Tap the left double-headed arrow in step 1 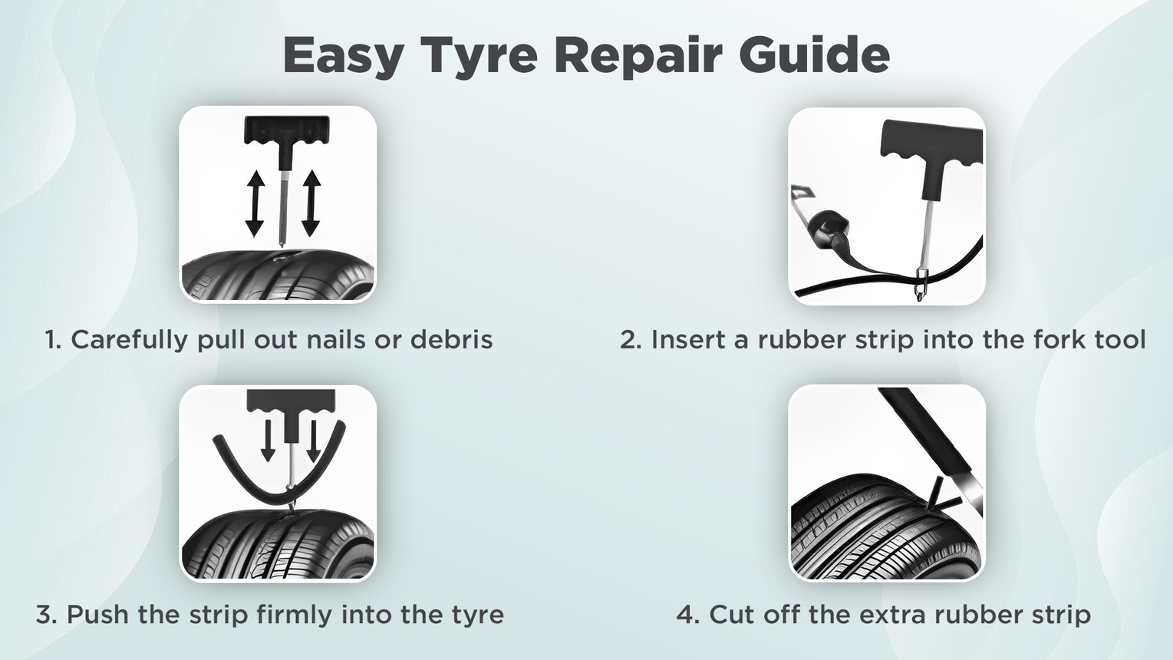pos(255,203)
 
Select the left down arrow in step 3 pos(268,441)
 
